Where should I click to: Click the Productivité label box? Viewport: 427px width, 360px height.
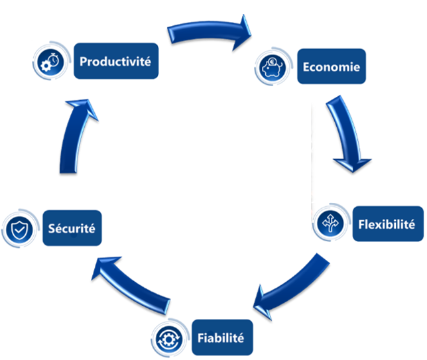pos(116,62)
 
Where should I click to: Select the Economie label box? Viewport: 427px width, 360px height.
pos(331,66)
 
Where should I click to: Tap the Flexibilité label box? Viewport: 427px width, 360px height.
pos(386,223)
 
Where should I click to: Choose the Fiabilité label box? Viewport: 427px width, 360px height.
pos(220,337)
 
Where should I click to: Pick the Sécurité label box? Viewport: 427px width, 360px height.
pos(72,229)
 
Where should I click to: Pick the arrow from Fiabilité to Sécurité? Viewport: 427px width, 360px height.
pos(136,282)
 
